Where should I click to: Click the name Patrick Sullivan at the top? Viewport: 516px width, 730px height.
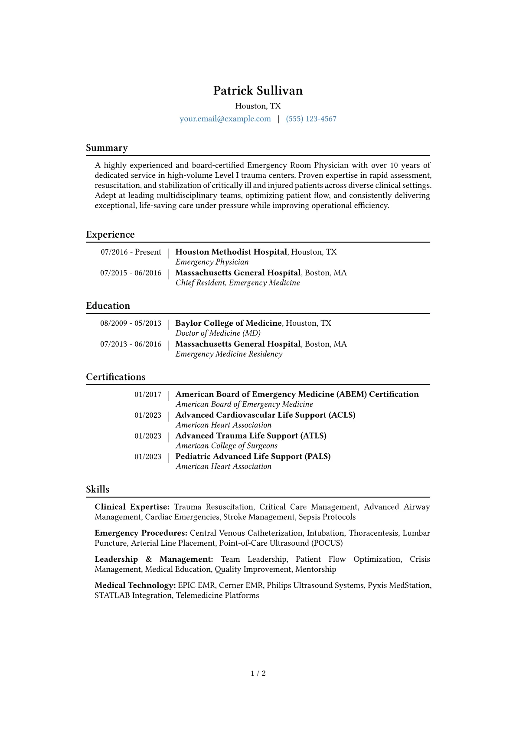coord(258,91)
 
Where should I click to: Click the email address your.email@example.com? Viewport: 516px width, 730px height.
coord(225,119)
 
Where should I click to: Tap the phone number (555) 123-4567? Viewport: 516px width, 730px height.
coord(311,119)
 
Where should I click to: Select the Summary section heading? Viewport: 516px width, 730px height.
coord(107,148)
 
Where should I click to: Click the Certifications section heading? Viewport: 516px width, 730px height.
coord(116,377)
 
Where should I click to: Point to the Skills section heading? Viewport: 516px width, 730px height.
coord(98,489)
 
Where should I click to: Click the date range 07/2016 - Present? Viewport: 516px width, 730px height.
coord(131,252)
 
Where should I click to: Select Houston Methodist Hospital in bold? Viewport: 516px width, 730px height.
coord(231,252)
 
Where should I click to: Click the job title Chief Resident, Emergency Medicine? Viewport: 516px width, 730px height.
coord(238,283)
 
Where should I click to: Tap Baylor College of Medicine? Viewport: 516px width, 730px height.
coord(229,323)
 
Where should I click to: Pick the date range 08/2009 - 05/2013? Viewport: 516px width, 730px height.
coord(131,323)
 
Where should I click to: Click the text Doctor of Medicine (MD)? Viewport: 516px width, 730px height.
coord(218,333)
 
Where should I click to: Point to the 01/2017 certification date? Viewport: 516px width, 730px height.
coord(147,394)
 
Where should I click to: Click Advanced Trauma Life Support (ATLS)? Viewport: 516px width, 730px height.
coord(251,435)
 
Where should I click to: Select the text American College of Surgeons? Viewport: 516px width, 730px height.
coord(226,446)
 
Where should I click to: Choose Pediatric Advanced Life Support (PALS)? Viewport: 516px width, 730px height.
coord(253,456)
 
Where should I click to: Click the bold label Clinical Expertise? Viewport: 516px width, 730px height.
coord(132,507)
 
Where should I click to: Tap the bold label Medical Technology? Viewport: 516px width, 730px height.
coord(135,585)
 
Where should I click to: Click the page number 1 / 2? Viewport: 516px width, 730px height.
coord(258,673)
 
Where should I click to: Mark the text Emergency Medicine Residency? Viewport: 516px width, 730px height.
coord(229,354)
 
